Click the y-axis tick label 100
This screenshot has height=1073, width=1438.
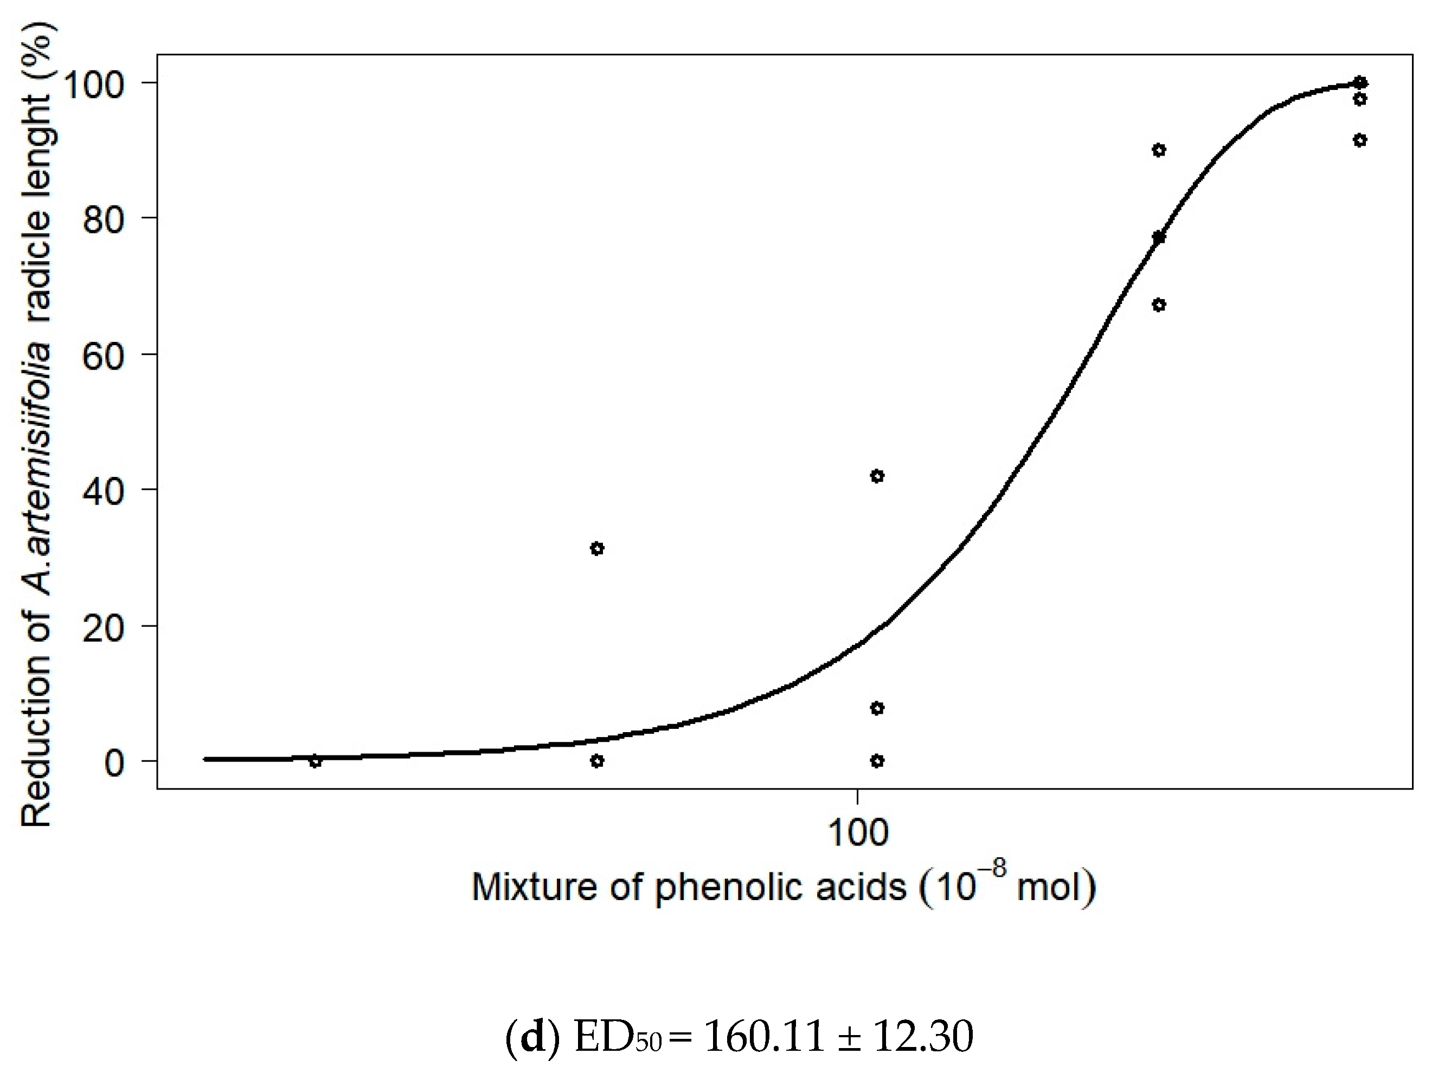pyautogui.click(x=95, y=84)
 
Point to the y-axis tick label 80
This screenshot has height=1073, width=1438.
pyautogui.click(x=104, y=219)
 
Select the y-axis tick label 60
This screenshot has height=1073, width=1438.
pyautogui.click(x=104, y=354)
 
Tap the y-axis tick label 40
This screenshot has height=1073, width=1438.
pyautogui.click(x=104, y=490)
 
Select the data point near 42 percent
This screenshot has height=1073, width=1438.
pyautogui.click(x=877, y=476)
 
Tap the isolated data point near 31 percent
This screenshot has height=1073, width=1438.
pyautogui.click(x=597, y=549)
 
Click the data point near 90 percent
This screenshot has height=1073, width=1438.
pyautogui.click(x=1159, y=150)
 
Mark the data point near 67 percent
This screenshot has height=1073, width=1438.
pyautogui.click(x=1159, y=305)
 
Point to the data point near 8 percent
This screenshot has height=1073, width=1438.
pyautogui.click(x=877, y=708)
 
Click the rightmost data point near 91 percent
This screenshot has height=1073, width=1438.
pyautogui.click(x=1359, y=140)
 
